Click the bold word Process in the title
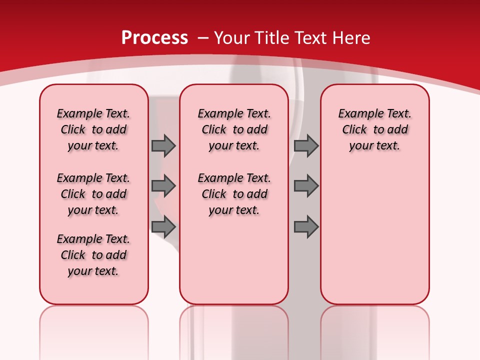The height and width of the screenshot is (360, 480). (154, 38)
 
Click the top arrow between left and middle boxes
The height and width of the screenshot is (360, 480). (163, 146)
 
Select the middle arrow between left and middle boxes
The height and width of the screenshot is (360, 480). (163, 186)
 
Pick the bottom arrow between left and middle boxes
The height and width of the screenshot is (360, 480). (163, 227)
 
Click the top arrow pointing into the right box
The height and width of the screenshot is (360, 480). (306, 146)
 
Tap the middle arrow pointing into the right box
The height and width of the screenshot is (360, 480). (306, 186)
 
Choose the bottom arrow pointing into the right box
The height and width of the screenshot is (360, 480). (306, 227)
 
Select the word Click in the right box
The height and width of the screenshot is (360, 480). (354, 130)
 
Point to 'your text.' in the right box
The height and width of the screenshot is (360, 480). (374, 146)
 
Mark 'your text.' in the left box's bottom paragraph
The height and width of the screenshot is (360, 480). (93, 271)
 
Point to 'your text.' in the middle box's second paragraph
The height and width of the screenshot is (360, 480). (234, 210)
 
